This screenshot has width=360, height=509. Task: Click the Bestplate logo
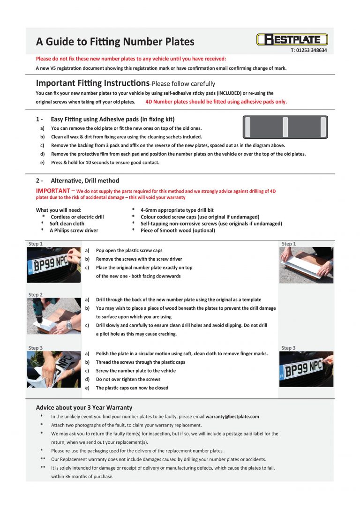292,39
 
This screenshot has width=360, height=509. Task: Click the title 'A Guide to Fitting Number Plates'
115,42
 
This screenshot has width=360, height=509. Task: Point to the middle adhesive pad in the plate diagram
285,127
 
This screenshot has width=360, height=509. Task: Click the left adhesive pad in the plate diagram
248,127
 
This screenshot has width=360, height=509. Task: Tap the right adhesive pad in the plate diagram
322,127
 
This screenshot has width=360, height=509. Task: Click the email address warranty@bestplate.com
232,416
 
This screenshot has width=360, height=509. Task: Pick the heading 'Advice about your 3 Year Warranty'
84,407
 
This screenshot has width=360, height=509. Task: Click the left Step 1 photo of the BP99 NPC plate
53,265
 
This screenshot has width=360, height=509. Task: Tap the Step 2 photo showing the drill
53,316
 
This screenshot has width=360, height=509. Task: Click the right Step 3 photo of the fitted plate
306,369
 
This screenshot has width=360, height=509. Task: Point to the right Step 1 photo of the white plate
306,265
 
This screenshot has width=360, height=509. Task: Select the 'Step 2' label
36,295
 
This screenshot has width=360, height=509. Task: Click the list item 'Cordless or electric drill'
77,217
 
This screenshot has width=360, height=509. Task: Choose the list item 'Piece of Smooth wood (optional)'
178,230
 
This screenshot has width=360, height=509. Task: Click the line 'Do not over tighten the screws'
128,379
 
